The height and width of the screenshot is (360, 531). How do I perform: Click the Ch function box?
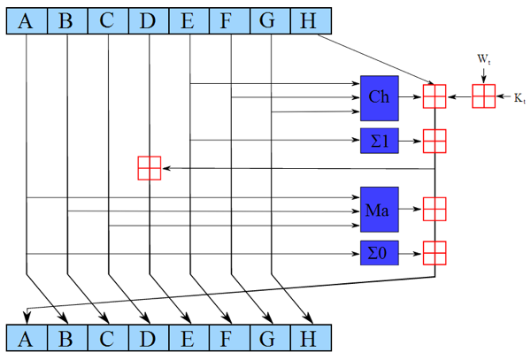(380, 98)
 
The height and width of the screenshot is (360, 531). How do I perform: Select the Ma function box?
(380, 210)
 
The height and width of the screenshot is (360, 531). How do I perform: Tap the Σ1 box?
(380, 141)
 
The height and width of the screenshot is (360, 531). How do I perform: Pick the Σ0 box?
(380, 253)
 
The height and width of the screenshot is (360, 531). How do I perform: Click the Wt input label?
(484, 59)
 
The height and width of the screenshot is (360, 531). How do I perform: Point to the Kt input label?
(519, 98)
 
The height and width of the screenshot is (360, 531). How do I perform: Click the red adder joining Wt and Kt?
(484, 96)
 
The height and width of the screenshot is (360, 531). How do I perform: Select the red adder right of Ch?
(435, 96)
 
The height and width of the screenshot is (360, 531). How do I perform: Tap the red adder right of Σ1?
(435, 142)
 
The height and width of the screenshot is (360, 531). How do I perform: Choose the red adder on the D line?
(150, 168)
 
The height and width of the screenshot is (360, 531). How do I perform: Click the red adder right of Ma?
(435, 209)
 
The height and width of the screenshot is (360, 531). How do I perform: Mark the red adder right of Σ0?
(435, 253)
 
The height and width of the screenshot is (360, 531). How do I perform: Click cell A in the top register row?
(27, 20)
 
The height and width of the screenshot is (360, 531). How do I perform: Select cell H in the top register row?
(311, 20)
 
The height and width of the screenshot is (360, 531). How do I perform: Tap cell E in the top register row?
(189, 20)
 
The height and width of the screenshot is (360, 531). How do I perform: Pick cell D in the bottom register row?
(149, 338)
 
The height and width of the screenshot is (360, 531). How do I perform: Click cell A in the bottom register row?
(27, 338)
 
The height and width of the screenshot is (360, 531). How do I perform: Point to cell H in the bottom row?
(311, 338)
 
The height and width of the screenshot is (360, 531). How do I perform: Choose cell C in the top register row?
(108, 20)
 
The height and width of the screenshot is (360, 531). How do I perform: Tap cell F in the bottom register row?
(229, 338)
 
